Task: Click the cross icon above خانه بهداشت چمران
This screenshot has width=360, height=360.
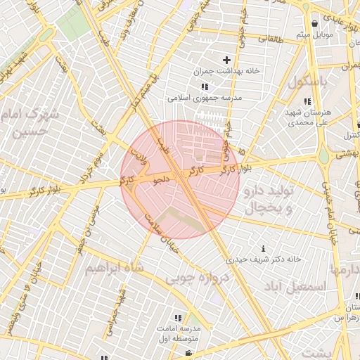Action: click(226, 60)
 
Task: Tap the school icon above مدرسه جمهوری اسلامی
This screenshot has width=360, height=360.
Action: click(205, 86)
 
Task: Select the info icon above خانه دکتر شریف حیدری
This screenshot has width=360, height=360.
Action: click(263, 247)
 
